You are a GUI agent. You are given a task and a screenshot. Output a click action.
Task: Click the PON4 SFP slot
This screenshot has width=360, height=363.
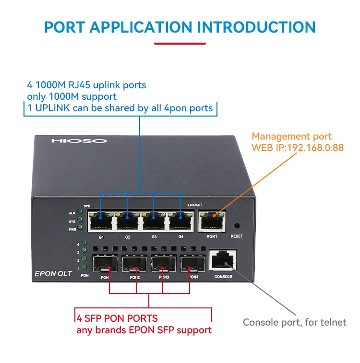click(x=192, y=264)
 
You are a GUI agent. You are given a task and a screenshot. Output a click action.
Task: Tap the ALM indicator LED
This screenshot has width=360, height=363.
click(x=80, y=213)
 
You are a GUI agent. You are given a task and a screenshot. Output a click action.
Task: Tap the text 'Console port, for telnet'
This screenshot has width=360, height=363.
click(x=294, y=322)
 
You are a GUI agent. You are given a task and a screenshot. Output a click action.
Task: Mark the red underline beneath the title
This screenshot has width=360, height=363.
click(x=180, y=44)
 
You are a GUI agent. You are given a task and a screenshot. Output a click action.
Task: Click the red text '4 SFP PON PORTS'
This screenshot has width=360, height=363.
click(x=117, y=318)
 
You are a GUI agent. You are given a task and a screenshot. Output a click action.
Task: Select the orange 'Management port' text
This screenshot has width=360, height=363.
click(x=291, y=136)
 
